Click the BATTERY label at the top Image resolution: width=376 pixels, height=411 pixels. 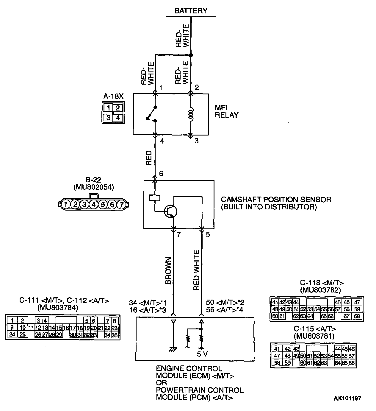click(191, 11)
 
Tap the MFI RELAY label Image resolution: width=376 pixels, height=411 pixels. click(226, 111)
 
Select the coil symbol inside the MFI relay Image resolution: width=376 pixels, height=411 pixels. click(192, 114)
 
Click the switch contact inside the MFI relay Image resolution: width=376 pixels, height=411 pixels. click(152, 114)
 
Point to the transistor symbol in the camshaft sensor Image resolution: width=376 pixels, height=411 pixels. click(171, 211)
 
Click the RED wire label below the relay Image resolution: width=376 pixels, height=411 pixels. click(149, 158)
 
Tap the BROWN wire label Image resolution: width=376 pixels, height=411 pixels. click(168, 270)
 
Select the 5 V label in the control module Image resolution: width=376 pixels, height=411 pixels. click(202, 354)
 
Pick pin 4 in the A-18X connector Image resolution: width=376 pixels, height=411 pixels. click(118, 118)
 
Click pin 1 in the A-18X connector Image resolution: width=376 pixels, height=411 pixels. click(109, 108)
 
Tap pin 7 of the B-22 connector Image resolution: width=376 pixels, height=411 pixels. click(121, 205)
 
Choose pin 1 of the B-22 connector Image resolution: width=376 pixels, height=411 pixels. click(66, 205)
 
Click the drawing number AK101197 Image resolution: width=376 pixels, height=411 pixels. click(347, 398)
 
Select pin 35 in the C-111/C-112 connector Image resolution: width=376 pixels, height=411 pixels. click(115, 335)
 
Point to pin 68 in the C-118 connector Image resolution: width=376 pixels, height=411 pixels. click(357, 316)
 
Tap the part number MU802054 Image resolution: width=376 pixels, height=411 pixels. click(93, 187)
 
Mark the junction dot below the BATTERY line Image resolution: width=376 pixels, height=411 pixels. click(191, 55)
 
